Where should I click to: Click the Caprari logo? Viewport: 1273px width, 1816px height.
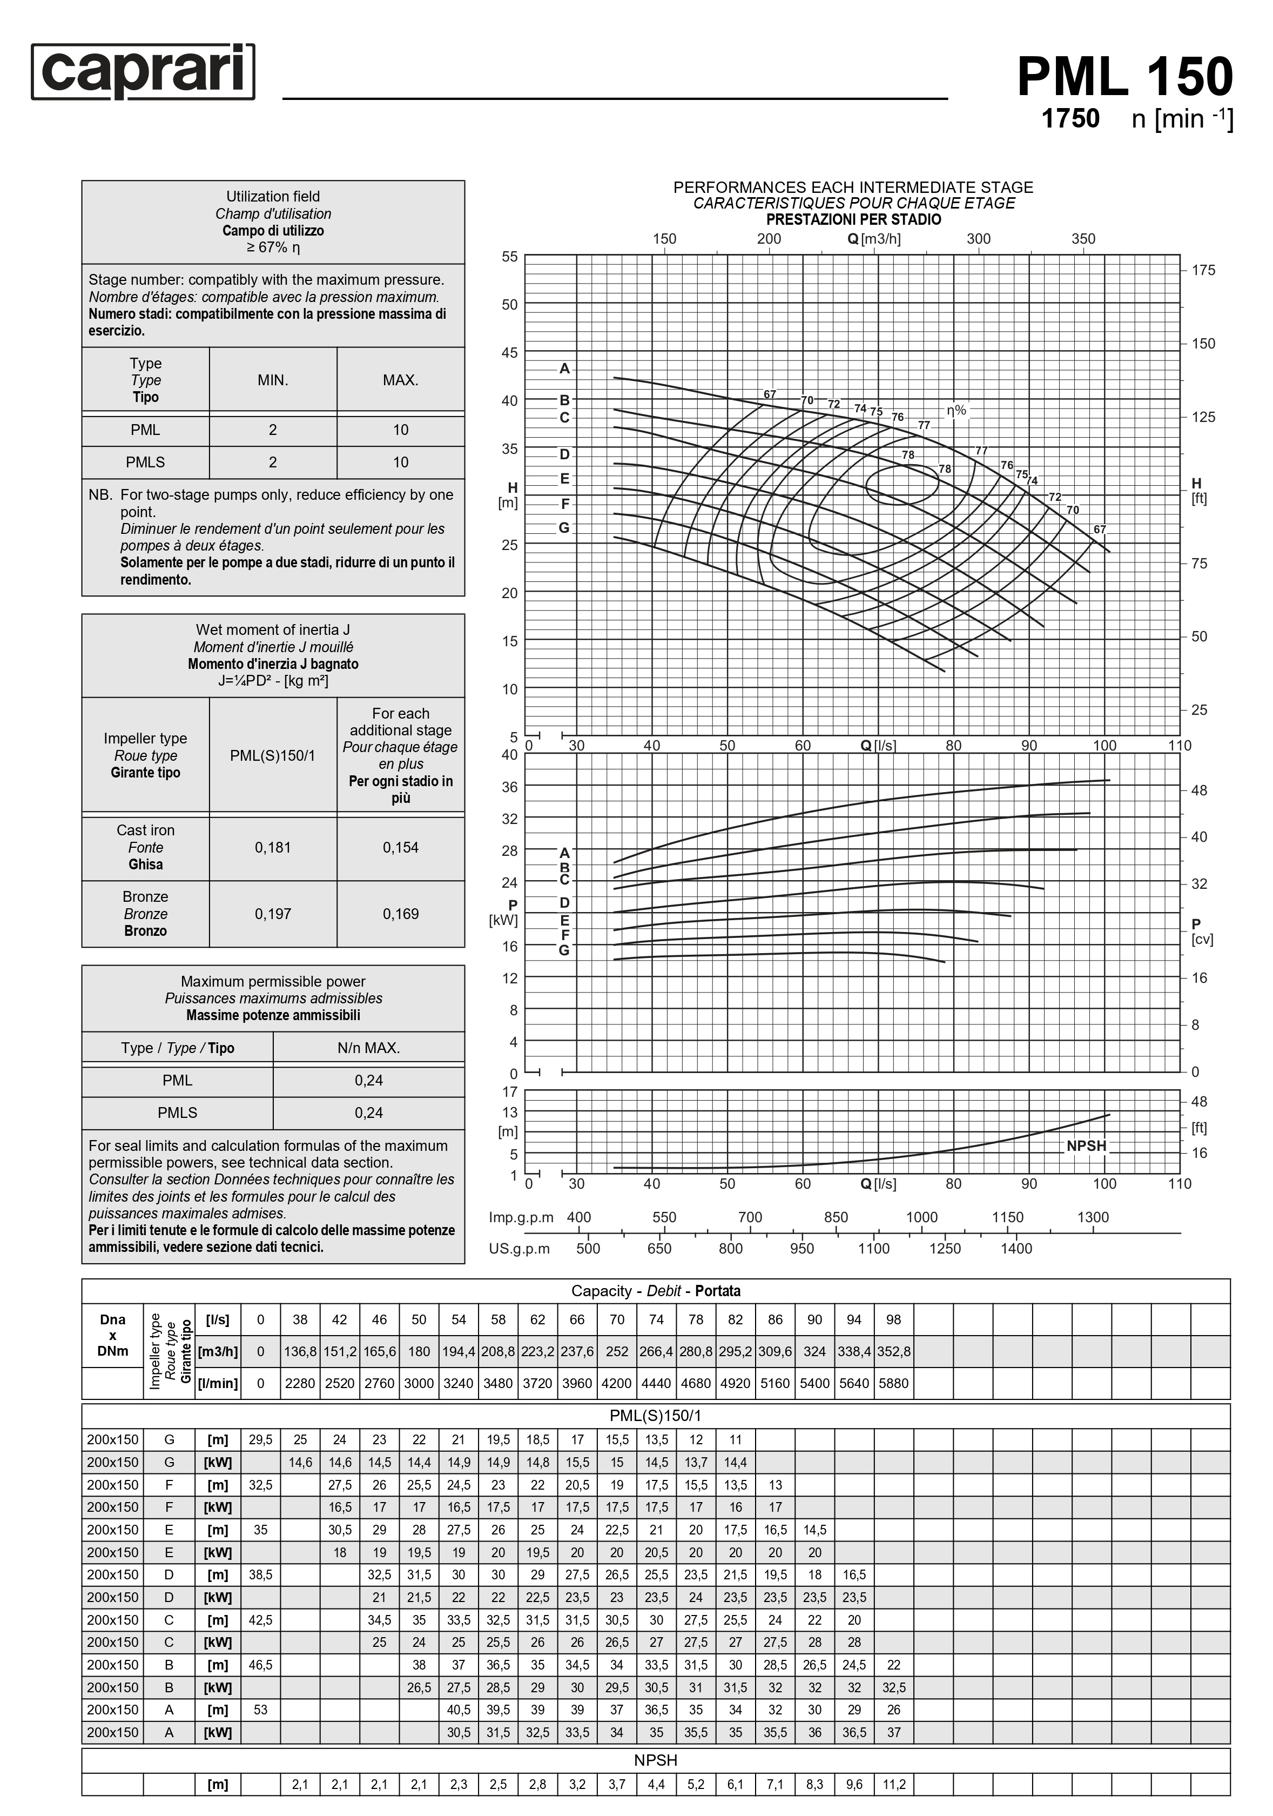(x=143, y=71)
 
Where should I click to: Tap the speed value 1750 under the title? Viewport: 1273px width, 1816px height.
(x=1070, y=119)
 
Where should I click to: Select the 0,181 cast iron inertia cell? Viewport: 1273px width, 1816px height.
(x=273, y=847)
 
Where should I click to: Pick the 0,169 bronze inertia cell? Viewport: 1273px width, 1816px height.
(x=400, y=914)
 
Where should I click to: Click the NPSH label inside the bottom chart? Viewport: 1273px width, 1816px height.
(x=1086, y=1145)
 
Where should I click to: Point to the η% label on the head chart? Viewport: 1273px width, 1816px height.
(x=956, y=411)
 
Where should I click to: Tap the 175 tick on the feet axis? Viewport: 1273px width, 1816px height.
(x=1203, y=271)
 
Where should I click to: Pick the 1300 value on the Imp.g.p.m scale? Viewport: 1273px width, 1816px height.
(x=1092, y=1217)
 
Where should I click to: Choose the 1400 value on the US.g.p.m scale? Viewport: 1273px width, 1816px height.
(x=1015, y=1248)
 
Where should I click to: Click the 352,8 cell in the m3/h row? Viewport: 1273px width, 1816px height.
(x=893, y=1352)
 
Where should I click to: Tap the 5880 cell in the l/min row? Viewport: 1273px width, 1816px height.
(x=893, y=1383)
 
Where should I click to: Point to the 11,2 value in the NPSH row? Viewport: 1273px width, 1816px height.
(x=893, y=1784)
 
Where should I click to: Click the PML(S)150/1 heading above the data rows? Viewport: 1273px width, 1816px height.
(x=656, y=1416)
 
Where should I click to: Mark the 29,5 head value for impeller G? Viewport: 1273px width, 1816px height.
(x=260, y=1439)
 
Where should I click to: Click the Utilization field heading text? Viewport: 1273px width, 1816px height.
(x=273, y=196)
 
